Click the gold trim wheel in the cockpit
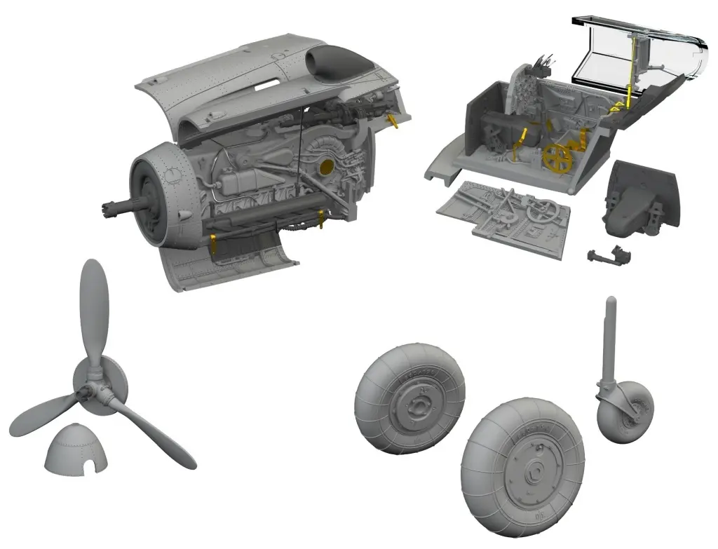tap(557, 159)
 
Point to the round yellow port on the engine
tap(325, 167)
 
